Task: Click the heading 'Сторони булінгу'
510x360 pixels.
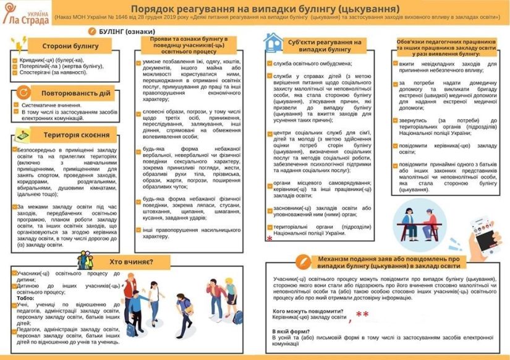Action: tap(66, 46)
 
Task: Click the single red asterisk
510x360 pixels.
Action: tap(270, 239)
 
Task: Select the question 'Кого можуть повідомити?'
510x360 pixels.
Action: tap(308, 311)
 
